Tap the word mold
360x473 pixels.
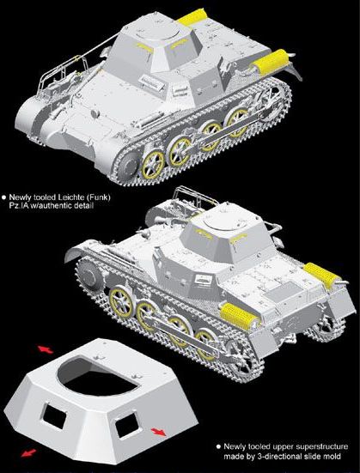point(333,457)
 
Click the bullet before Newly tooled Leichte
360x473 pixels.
point(4,197)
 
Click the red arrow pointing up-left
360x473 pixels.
point(46,350)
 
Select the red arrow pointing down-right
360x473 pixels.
point(158,432)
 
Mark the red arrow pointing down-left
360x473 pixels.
point(28,453)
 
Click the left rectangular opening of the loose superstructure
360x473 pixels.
point(54,418)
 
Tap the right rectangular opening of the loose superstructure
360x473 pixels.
point(127,426)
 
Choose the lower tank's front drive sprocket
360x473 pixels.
point(89,274)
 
